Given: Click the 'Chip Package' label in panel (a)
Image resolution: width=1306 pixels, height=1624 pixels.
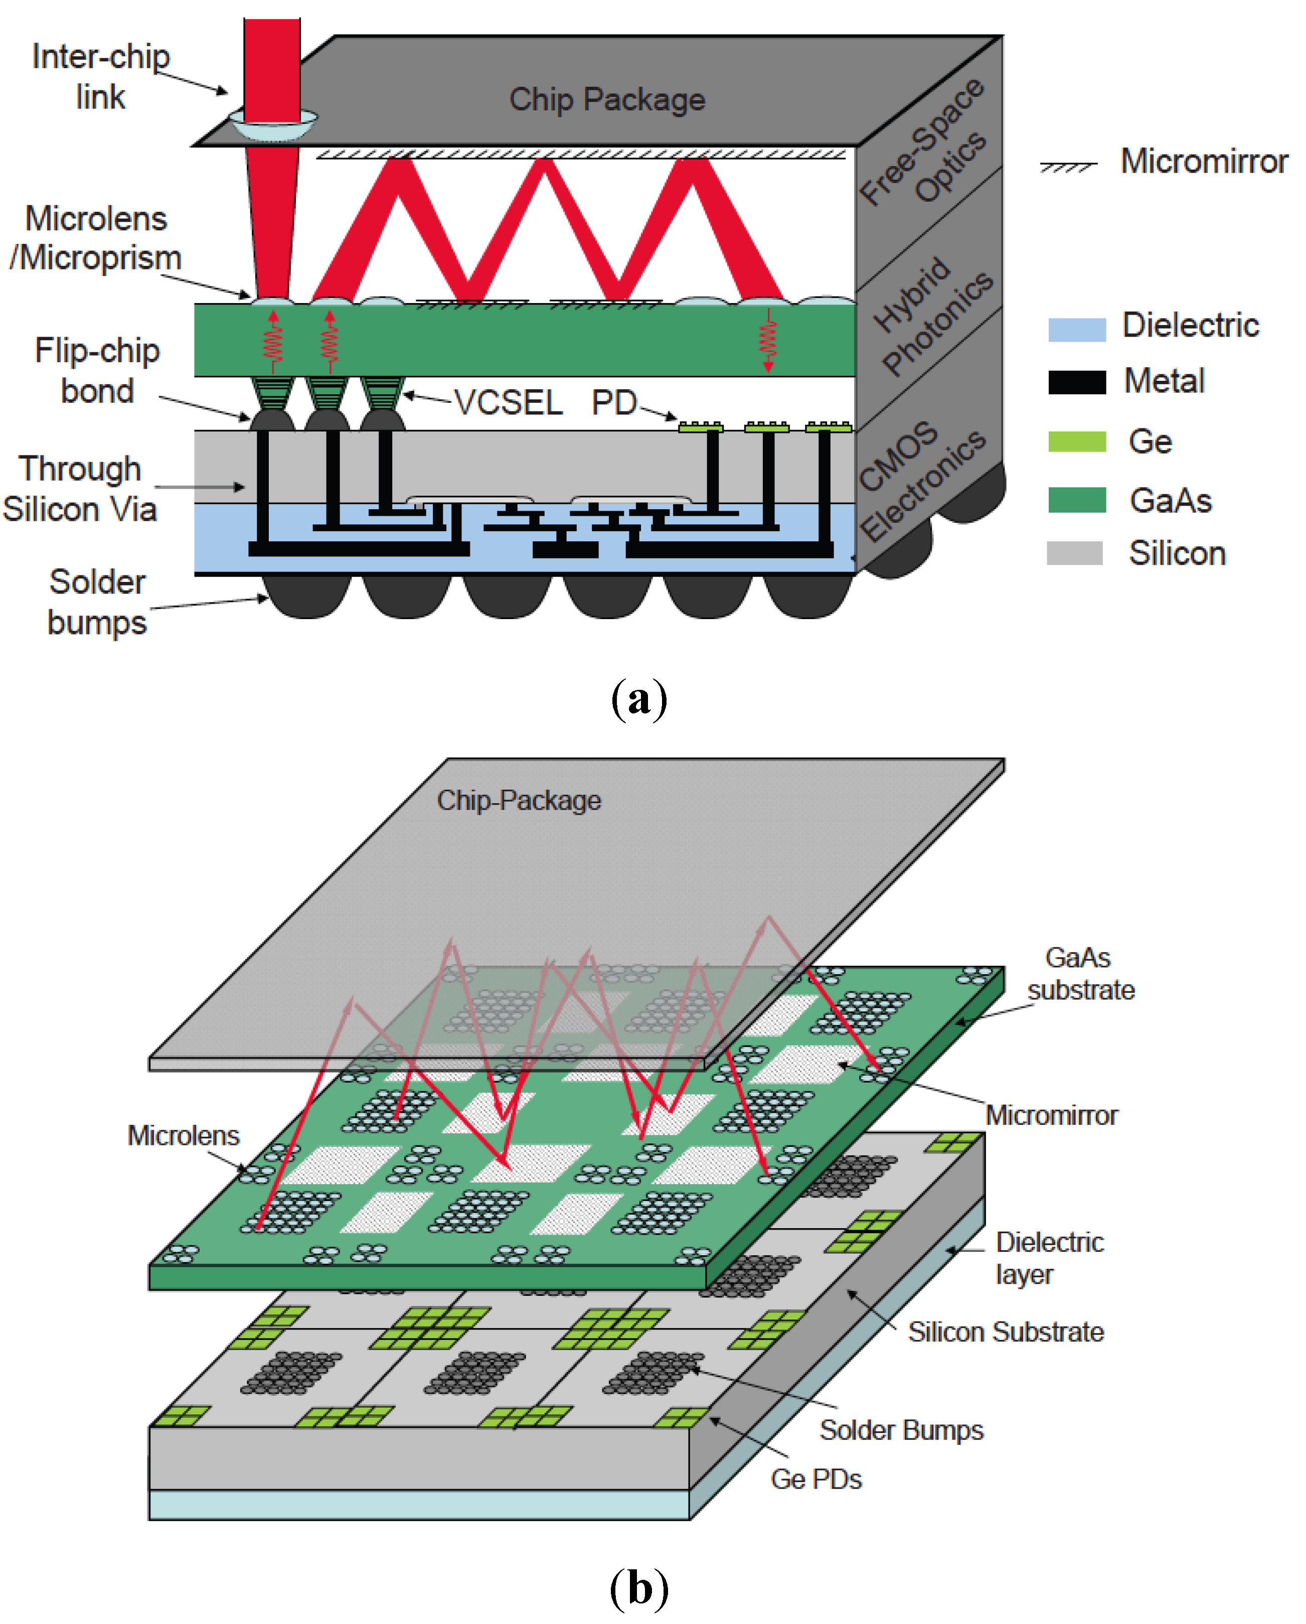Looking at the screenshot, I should coord(607,99).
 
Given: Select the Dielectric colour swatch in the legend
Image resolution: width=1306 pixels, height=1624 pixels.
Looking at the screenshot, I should coord(1077,329).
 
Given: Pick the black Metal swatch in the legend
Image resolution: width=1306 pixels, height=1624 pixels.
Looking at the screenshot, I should coord(1077,382).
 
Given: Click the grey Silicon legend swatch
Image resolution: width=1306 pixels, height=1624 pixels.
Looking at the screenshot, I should coord(1075,553).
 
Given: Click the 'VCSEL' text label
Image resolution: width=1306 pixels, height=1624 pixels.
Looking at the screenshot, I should coord(509,403).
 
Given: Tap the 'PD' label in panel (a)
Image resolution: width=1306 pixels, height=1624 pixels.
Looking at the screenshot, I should coord(614,403).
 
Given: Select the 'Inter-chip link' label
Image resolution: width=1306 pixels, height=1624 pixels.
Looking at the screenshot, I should coord(100,77).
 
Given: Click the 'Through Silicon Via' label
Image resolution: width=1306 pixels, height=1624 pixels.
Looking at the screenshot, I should coord(80,489).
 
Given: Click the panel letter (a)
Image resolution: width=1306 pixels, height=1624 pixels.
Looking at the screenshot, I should coord(638,699).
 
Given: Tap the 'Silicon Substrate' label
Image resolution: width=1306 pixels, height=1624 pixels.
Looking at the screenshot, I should coord(1006,1332).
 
